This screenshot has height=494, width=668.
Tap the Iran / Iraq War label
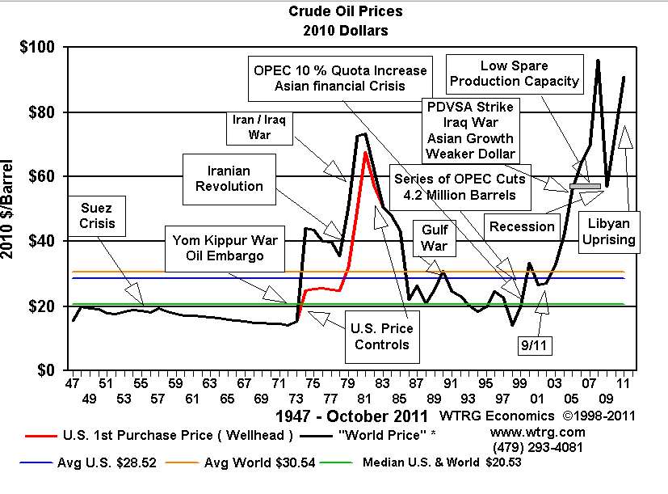[x=259, y=127]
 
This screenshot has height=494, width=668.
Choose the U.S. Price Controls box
[x=381, y=336]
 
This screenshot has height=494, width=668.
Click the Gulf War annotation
[x=435, y=238]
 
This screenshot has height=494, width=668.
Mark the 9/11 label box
[x=530, y=345]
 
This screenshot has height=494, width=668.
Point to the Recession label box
[x=522, y=226]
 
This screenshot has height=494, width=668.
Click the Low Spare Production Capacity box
[x=515, y=73]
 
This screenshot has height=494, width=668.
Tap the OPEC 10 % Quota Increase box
[x=339, y=78]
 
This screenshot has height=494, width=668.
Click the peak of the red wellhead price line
[x=365, y=152]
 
